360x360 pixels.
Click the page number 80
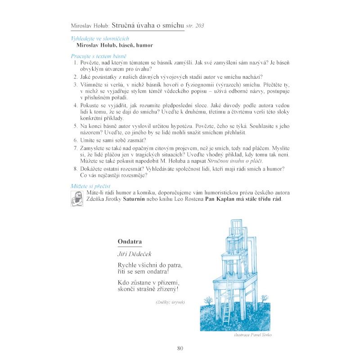(180, 348)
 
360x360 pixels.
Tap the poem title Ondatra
(130, 242)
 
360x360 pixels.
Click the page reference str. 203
(194, 26)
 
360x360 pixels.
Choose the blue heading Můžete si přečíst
(91, 186)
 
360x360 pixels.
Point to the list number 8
(76, 168)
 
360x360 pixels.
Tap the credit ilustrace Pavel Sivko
(253, 335)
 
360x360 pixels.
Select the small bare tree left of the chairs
(208, 299)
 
